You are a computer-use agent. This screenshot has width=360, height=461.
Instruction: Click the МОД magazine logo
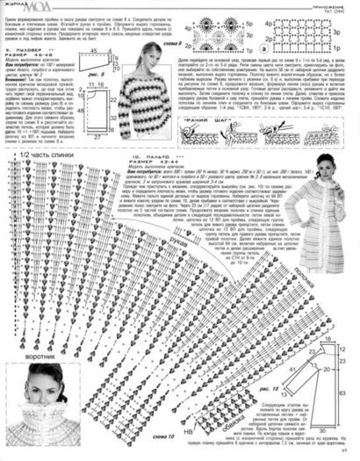coord(26,9)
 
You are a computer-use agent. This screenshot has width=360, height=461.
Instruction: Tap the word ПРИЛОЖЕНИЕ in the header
coord(333,4)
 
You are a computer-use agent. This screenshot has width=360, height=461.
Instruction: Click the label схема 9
coord(195,43)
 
